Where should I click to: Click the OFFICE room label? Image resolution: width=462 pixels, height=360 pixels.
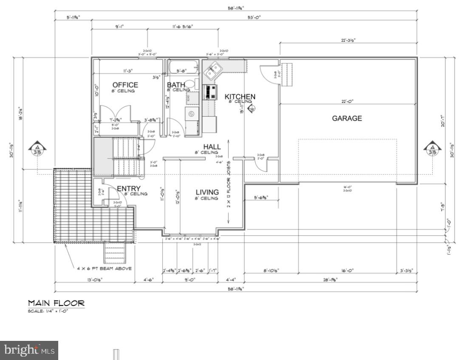pos(125,85)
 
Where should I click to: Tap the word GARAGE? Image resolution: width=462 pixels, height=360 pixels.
pos(347,118)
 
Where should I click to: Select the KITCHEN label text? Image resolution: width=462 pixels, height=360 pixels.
pos(240,97)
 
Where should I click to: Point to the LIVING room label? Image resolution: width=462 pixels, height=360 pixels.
pos(207,192)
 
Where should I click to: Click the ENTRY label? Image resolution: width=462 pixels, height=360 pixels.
pos(129,189)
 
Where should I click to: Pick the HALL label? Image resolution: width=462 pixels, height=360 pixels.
pos(212,147)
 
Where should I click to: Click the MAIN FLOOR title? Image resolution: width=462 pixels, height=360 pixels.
pos(56,303)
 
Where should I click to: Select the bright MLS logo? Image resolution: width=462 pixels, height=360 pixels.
pos(29,350)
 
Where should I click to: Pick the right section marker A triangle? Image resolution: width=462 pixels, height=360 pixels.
pos(431,149)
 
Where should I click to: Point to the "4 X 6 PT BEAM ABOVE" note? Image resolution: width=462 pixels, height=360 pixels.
pos(104,269)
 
